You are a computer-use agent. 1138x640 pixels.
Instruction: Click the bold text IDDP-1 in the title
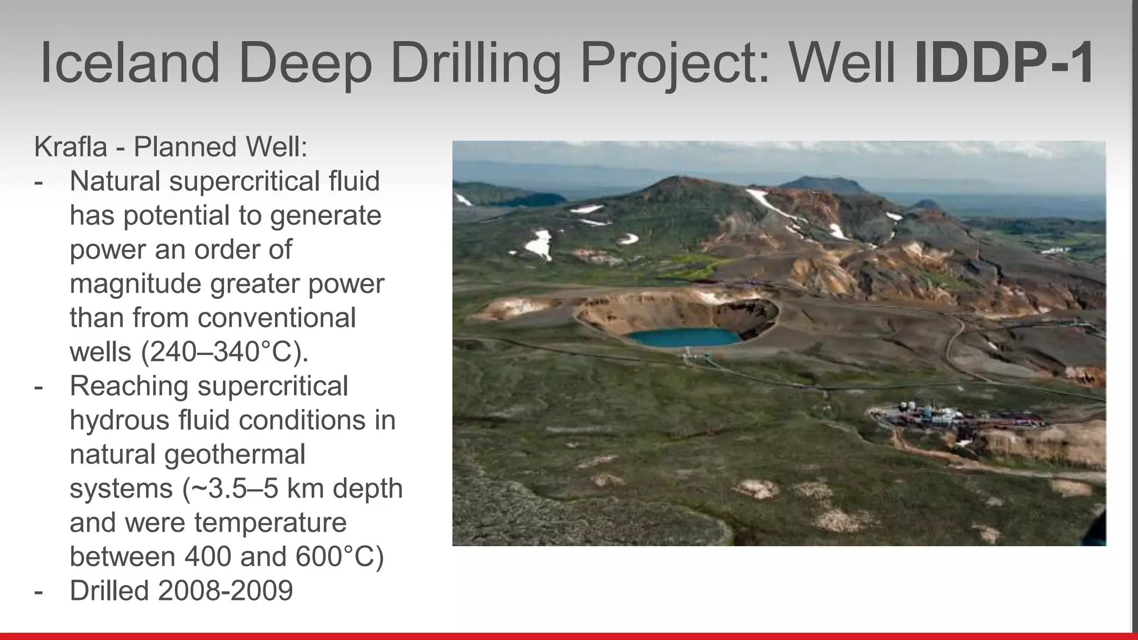(1004, 63)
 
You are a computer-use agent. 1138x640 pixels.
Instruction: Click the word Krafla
(70, 147)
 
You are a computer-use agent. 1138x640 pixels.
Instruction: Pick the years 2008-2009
(225, 591)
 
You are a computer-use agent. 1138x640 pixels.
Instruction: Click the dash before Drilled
(38, 591)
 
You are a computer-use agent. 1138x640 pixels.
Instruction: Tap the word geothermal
(234, 454)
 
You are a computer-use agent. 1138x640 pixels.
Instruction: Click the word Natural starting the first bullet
(114, 182)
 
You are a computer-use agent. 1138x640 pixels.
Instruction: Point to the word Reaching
(129, 386)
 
